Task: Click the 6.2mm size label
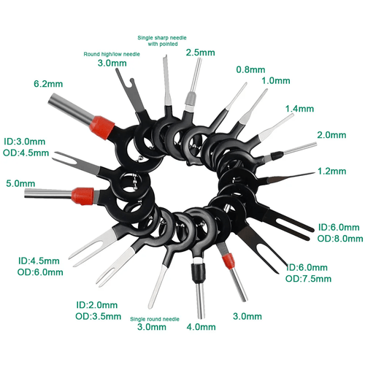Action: pyautogui.click(x=48, y=84)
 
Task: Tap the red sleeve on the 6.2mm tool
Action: pyautogui.click(x=102, y=128)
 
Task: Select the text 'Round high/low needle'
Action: pyautogui.click(x=112, y=54)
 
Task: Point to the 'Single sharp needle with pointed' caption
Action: pyautogui.click(x=162, y=41)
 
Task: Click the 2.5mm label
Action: pyautogui.click(x=201, y=53)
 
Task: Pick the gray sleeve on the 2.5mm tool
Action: pyautogui.click(x=191, y=99)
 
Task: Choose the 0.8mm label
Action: pyautogui.click(x=250, y=69)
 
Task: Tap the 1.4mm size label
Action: pyautogui.click(x=299, y=109)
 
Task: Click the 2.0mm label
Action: pyautogui.click(x=331, y=135)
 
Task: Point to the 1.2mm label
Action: pyautogui.click(x=332, y=171)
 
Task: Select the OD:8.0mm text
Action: pyautogui.click(x=340, y=239)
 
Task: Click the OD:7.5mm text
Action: pyautogui.click(x=308, y=279)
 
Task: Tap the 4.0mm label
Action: pyautogui.click(x=201, y=327)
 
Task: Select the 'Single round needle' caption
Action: pyautogui.click(x=155, y=319)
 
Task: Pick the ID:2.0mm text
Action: pyautogui.click(x=97, y=305)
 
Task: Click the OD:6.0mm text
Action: pyautogui.click(x=40, y=272)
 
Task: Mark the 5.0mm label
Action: pyautogui.click(x=20, y=183)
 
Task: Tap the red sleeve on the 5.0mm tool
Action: pyautogui.click(x=82, y=196)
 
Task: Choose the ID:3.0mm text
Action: pyautogui.click(x=24, y=142)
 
